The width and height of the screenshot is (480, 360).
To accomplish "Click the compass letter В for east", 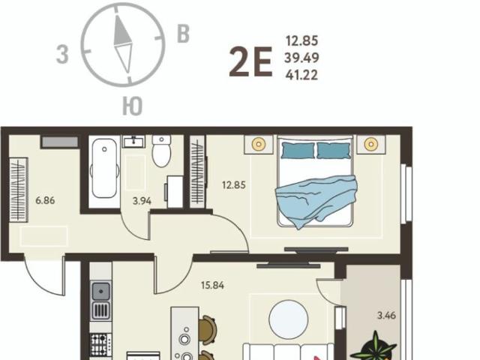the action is click(x=183, y=34).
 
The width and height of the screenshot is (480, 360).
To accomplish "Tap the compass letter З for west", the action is click(x=62, y=55).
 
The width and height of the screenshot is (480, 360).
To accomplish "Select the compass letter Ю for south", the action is click(x=133, y=106).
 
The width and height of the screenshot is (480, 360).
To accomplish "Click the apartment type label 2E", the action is click(x=250, y=62).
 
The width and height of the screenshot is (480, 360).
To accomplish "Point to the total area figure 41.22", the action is click(x=301, y=75).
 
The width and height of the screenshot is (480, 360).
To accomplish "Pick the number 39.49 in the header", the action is click(x=301, y=58).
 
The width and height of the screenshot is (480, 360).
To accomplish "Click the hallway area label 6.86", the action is click(x=45, y=200).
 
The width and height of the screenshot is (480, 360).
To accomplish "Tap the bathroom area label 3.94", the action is click(x=142, y=201).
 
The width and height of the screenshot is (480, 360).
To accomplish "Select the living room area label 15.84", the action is click(x=213, y=285).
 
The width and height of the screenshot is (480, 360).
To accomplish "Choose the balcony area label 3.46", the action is click(x=387, y=315).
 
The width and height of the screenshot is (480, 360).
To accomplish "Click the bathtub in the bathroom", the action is click(x=104, y=168).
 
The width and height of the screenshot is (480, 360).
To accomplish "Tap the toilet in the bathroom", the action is click(x=161, y=151).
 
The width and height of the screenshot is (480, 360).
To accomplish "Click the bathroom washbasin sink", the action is click(x=133, y=142).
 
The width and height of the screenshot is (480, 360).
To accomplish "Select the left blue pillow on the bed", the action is click(x=298, y=150).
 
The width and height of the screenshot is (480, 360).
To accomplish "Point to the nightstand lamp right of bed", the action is click(x=371, y=143).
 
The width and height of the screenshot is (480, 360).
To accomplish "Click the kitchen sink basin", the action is click(x=101, y=291).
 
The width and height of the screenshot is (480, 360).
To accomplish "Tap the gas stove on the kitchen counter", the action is click(x=101, y=345).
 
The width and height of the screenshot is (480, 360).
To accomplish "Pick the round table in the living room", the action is click(x=288, y=319).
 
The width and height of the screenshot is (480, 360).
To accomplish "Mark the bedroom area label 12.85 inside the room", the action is click(x=234, y=185).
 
